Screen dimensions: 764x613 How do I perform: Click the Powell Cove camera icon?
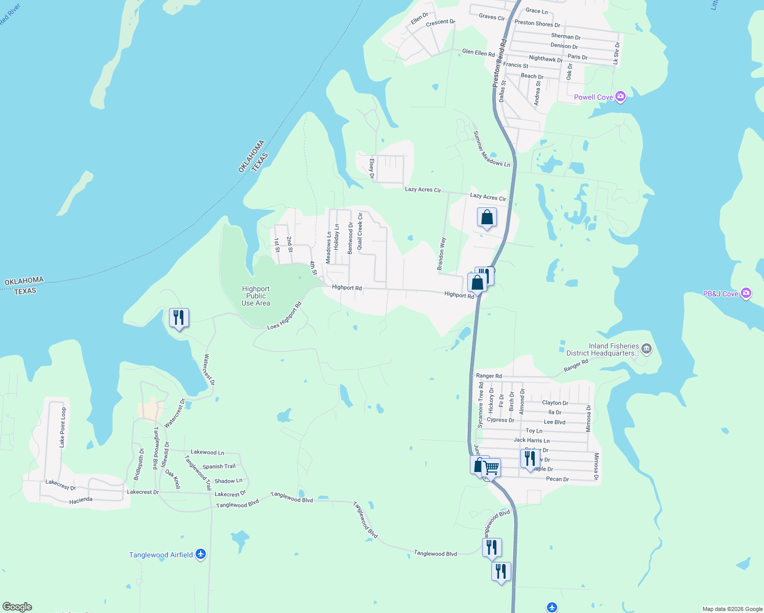click(620, 97)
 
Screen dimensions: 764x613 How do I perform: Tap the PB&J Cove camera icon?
click(746, 293)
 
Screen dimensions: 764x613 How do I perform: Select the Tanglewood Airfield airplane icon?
click(201, 554)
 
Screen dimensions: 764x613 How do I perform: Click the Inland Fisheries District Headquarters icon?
click(647, 349)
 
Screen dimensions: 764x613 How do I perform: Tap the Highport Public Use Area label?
click(256, 296)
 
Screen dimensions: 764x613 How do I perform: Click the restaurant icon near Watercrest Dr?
click(179, 318)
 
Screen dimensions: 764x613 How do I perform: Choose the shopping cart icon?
click(491, 467)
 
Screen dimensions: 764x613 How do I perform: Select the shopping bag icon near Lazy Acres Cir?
click(487, 217)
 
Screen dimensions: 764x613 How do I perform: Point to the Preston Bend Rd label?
click(499, 63)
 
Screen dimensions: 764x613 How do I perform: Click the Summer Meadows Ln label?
click(491, 149)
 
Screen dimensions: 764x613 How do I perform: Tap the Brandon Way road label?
click(441, 254)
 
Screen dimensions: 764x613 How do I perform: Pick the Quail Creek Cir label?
click(360, 231)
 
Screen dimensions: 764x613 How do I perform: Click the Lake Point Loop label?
click(63, 428)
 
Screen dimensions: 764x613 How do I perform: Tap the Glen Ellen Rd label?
click(479, 53)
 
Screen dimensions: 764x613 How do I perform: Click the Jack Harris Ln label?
click(532, 440)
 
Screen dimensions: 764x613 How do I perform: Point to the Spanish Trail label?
click(219, 466)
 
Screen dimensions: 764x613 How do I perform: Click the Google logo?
click(17, 607)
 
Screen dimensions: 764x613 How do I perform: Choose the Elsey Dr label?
click(372, 169)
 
